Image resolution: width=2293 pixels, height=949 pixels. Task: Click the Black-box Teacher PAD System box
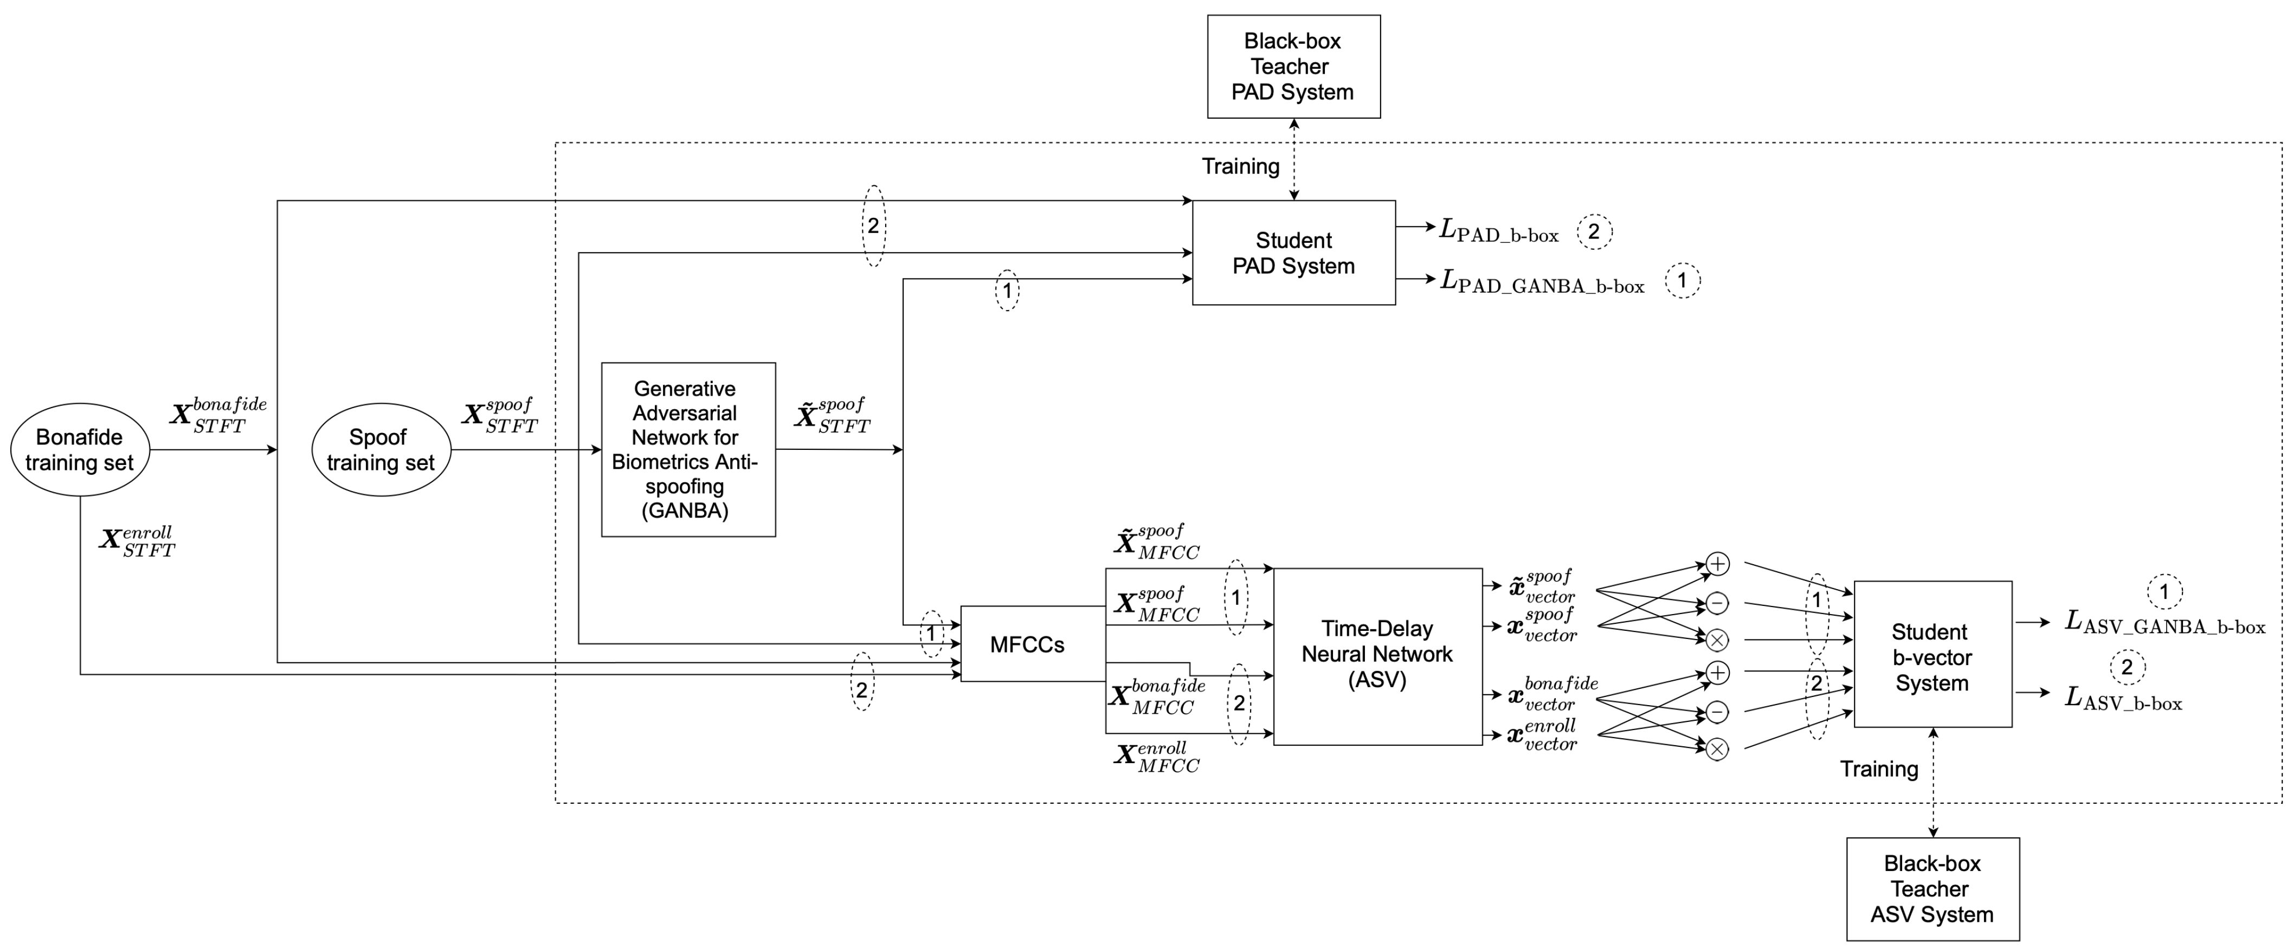point(1293,67)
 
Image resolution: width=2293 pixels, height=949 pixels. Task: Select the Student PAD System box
point(1293,253)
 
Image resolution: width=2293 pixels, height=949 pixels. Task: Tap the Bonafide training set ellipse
point(79,450)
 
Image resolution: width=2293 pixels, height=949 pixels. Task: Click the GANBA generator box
point(688,450)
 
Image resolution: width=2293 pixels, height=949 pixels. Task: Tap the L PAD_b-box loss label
point(1499,231)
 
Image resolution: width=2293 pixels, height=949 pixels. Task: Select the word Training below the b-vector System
point(1879,769)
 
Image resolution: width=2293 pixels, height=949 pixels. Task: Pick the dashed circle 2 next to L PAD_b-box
point(1594,231)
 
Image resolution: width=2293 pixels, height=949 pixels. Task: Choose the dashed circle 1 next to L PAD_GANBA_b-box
point(1682,280)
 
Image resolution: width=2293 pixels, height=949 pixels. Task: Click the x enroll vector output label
point(1542,736)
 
